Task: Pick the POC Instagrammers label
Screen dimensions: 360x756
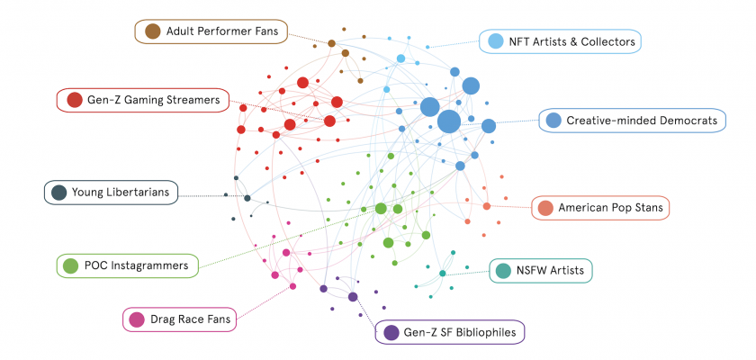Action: (136, 265)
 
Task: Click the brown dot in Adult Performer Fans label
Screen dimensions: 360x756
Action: (152, 32)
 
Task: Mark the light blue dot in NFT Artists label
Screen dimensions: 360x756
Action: (495, 41)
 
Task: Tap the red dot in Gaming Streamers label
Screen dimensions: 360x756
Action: (75, 100)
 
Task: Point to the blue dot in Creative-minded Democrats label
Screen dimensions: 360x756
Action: (554, 121)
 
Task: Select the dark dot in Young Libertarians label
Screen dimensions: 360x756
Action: (59, 192)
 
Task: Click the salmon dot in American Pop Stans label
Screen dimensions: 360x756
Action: (545, 209)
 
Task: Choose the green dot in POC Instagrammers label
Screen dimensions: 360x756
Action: (70, 265)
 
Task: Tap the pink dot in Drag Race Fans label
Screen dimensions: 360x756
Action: (137, 319)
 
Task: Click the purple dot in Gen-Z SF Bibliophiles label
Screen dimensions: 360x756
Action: (391, 333)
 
